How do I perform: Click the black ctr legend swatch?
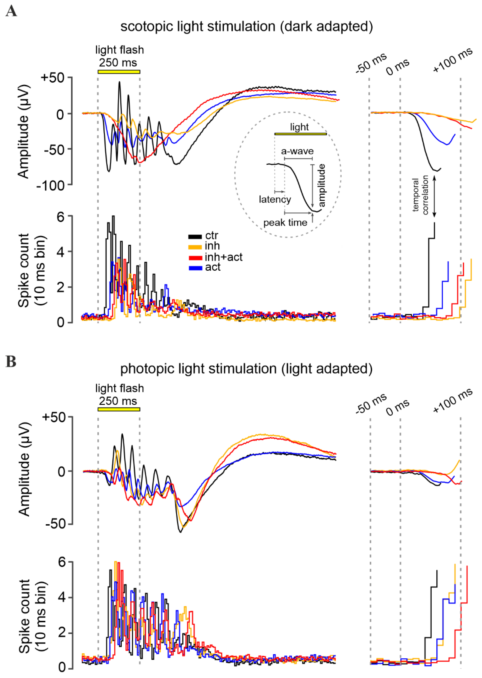point(195,237)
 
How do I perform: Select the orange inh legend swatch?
point(195,247)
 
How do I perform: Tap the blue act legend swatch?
point(195,268)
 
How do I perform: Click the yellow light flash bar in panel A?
point(119,72)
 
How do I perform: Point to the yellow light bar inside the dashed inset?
point(300,134)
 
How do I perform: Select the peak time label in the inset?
point(285,223)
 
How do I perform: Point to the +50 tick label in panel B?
point(54,417)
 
